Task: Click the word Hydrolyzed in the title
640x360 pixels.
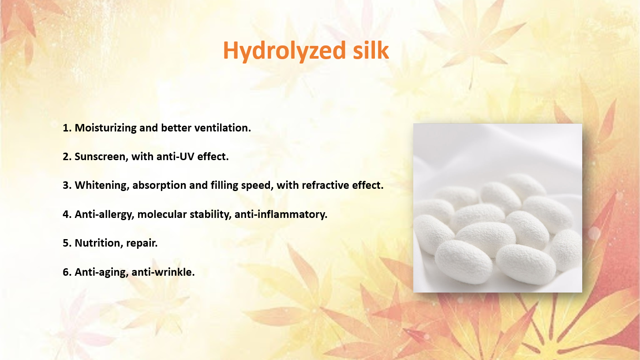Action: [284, 51]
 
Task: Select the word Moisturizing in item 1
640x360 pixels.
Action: [105, 128]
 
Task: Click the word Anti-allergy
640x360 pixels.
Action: [105, 214]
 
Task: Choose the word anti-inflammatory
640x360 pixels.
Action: [281, 214]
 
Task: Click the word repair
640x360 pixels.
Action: [142, 244]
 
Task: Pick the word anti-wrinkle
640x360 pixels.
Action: [163, 272]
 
